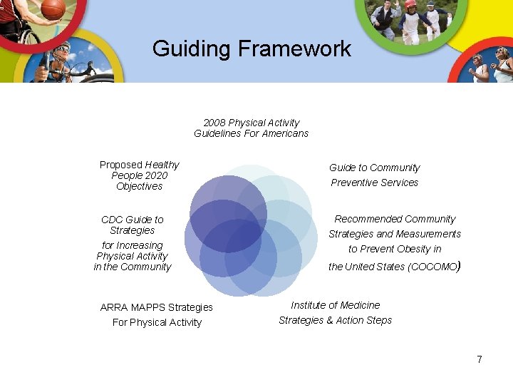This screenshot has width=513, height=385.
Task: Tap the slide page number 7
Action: tap(480, 359)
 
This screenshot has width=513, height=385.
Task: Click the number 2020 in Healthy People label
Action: tap(155, 175)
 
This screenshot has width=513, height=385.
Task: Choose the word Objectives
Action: tap(140, 186)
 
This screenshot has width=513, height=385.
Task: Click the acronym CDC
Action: tap(112, 220)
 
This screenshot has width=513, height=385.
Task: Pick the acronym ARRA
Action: tap(114, 307)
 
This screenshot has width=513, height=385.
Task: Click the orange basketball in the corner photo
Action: tap(53, 8)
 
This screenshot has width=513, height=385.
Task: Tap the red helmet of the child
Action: tap(410, 4)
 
